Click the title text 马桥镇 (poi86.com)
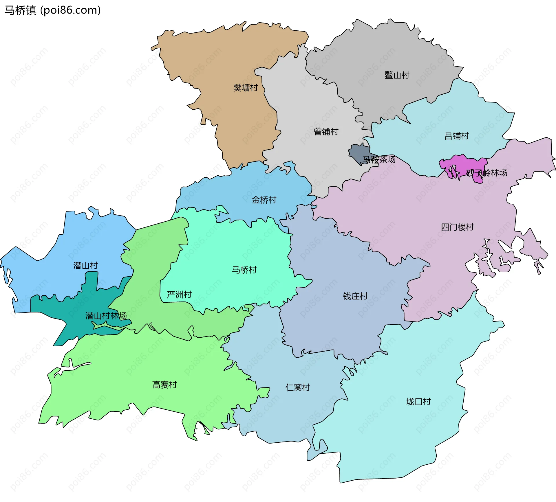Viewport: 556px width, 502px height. pyautogui.click(x=52, y=10)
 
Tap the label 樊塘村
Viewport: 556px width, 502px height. pyautogui.click(x=246, y=88)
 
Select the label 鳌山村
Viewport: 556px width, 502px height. pyautogui.click(x=397, y=75)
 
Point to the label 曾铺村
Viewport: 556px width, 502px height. pyautogui.click(x=326, y=132)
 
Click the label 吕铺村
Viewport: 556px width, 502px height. pyautogui.click(x=457, y=136)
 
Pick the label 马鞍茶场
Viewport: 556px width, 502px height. pyautogui.click(x=379, y=159)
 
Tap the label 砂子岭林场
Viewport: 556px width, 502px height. pyautogui.click(x=487, y=173)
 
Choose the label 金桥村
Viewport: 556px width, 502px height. pyautogui.click(x=264, y=200)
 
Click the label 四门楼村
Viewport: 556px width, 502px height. pyautogui.click(x=457, y=227)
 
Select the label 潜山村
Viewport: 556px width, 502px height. pyautogui.click(x=86, y=266)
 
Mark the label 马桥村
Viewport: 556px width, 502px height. pyautogui.click(x=244, y=270)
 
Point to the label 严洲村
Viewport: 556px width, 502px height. pyautogui.click(x=179, y=295)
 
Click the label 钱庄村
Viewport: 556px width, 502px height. pyautogui.click(x=355, y=296)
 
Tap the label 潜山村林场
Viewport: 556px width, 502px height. pyautogui.click(x=106, y=316)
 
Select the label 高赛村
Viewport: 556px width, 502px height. pyautogui.click(x=164, y=385)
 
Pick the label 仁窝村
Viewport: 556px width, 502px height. pyautogui.click(x=298, y=387)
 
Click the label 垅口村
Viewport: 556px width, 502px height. pyautogui.click(x=418, y=402)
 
